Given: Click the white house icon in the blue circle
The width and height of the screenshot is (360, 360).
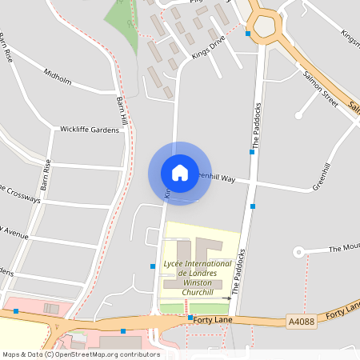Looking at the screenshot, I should tap(180, 173).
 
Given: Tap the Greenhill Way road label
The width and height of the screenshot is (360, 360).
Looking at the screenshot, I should tap(214, 177).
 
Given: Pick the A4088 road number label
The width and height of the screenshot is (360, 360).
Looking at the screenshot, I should tap(301, 322).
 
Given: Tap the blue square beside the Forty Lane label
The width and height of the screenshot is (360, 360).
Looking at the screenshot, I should tap(190, 318).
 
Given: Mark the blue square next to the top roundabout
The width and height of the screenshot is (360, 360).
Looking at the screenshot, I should tap(249, 34).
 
